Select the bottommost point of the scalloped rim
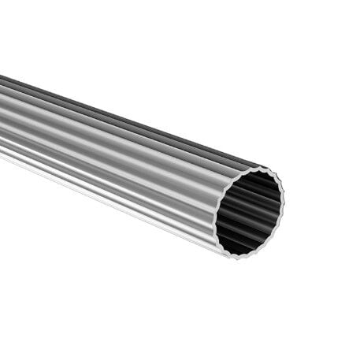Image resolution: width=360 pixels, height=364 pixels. [x=236, y=257]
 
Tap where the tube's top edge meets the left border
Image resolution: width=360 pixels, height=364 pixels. [x=1, y=76]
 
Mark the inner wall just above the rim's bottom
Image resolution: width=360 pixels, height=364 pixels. [x=238, y=249]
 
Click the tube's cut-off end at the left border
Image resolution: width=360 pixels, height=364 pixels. [x=2, y=114]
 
